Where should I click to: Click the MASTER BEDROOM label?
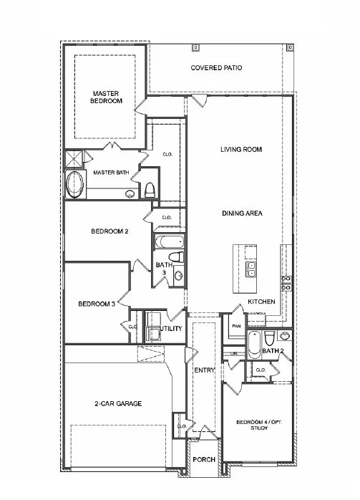tap(106, 97)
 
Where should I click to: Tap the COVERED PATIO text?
tap(216, 68)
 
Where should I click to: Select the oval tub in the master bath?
tap(74, 186)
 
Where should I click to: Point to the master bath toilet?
tap(150, 190)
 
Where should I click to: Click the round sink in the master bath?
tap(130, 193)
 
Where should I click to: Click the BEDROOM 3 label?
tap(97, 304)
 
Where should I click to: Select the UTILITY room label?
tap(172, 329)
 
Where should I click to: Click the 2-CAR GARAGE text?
tap(118, 404)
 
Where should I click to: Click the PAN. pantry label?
tap(235, 326)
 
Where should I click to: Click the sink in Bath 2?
tap(285, 335)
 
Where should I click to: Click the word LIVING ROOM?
tap(240, 150)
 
